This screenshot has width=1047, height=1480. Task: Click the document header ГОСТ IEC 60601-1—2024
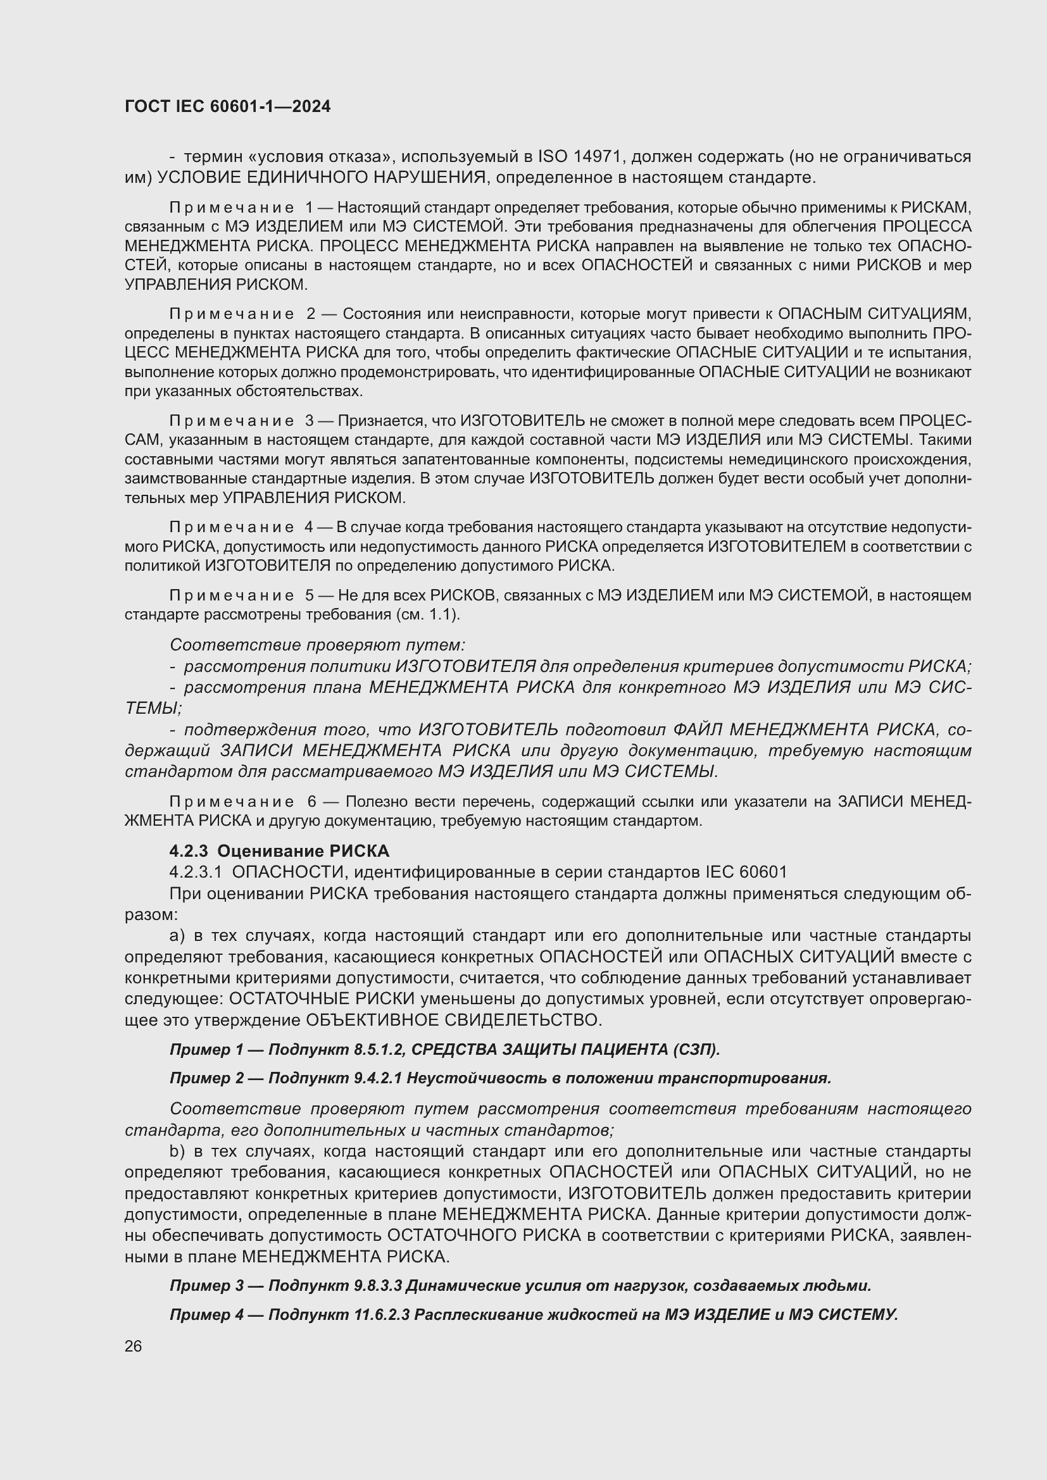tap(228, 106)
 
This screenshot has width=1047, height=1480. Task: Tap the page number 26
tap(134, 1346)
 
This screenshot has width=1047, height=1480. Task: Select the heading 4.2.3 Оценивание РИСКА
tap(279, 851)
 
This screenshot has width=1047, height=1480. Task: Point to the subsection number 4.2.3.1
tap(196, 872)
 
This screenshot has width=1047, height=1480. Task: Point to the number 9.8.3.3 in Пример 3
tap(378, 1286)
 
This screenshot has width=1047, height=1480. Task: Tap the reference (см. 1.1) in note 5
tap(432, 614)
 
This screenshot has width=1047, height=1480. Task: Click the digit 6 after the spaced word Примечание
tap(312, 801)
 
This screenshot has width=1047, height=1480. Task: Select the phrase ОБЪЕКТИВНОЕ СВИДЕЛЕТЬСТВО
tap(453, 1021)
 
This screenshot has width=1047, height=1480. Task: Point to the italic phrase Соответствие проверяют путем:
tap(317, 645)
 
